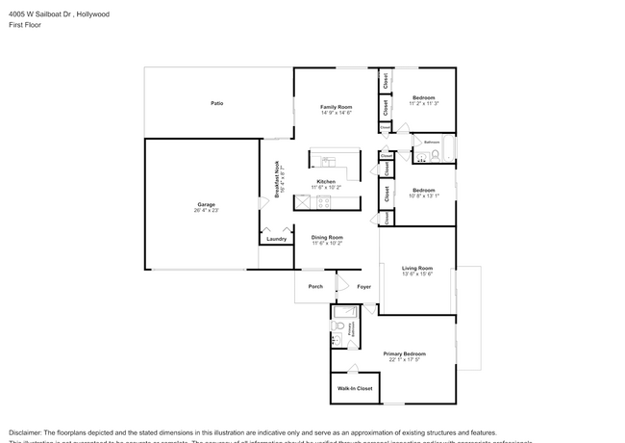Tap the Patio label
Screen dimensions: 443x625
click(x=217, y=103)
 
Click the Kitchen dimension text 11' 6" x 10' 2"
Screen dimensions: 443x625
click(x=326, y=188)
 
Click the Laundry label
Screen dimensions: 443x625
click(x=276, y=239)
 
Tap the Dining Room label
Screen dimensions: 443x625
click(x=326, y=237)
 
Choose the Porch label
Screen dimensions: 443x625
click(x=314, y=286)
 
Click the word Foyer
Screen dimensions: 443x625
click(x=364, y=286)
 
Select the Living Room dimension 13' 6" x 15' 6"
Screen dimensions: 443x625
click(x=417, y=274)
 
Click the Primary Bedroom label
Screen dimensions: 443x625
click(x=404, y=353)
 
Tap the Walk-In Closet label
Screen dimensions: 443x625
click(x=354, y=389)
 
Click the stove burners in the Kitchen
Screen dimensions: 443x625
click(x=324, y=202)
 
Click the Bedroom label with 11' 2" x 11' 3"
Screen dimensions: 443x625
click(x=424, y=97)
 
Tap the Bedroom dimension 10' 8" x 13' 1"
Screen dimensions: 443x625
click(x=424, y=195)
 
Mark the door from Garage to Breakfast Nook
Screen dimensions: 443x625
click(x=260, y=202)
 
